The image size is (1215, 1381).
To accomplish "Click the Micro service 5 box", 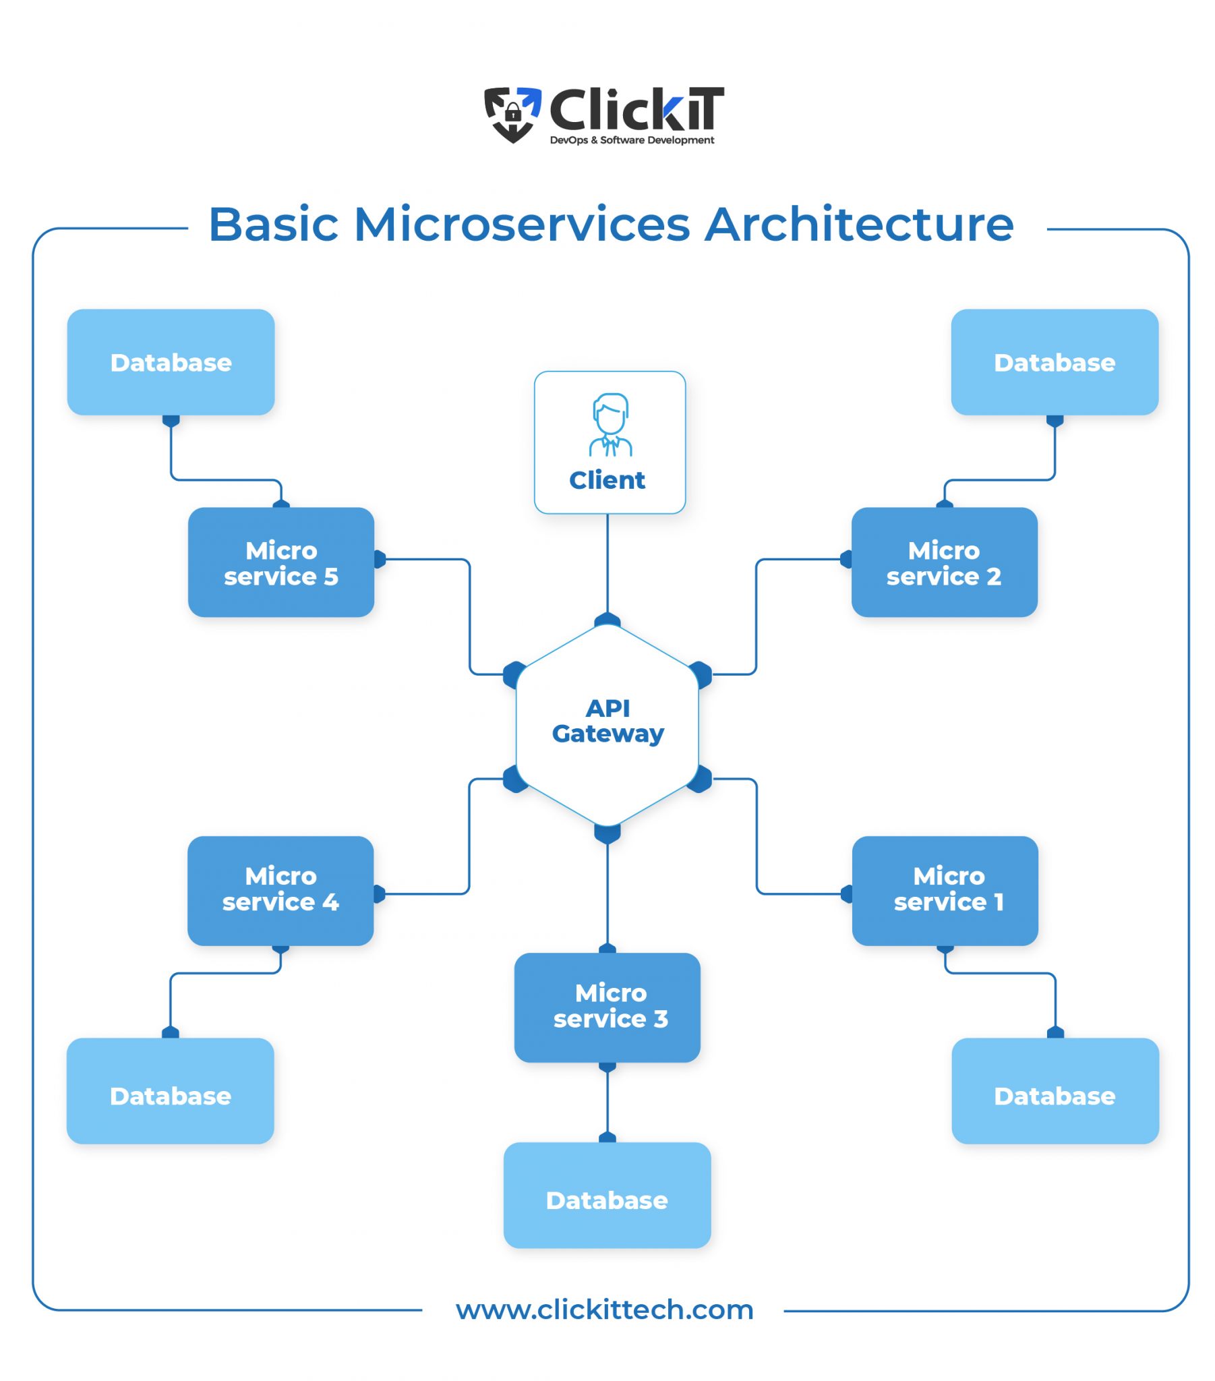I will click(x=281, y=562).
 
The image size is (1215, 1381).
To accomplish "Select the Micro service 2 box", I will click(x=944, y=562).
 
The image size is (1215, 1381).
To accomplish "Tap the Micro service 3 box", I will click(x=607, y=1007).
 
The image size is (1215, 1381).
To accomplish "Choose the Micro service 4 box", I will click(x=280, y=890).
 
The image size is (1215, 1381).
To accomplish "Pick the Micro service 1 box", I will click(x=945, y=890).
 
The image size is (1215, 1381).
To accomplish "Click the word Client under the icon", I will click(x=607, y=480).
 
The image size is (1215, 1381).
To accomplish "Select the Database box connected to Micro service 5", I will click(x=171, y=362).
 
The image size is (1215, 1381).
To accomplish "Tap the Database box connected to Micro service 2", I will click(x=1054, y=362).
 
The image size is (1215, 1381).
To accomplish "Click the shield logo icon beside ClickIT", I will click(x=513, y=113).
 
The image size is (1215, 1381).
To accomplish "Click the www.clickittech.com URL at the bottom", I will click(x=605, y=1310).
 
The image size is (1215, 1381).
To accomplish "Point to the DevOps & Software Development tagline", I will click(x=632, y=140).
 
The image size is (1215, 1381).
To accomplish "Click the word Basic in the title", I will click(x=273, y=225).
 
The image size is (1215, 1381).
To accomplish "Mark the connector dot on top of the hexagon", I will click(x=607, y=619).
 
